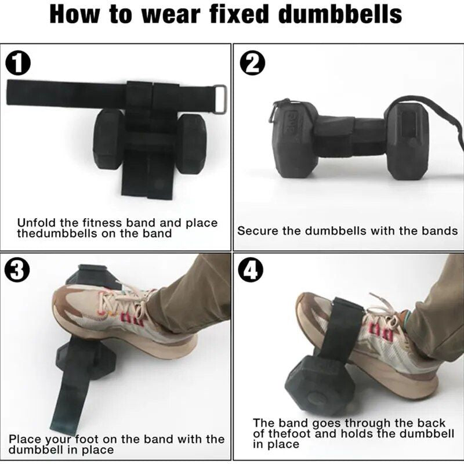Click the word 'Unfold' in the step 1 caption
click(37, 223)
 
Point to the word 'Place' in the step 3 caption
click(24, 439)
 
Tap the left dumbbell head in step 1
click(109, 139)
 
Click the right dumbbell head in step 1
click(191, 142)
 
